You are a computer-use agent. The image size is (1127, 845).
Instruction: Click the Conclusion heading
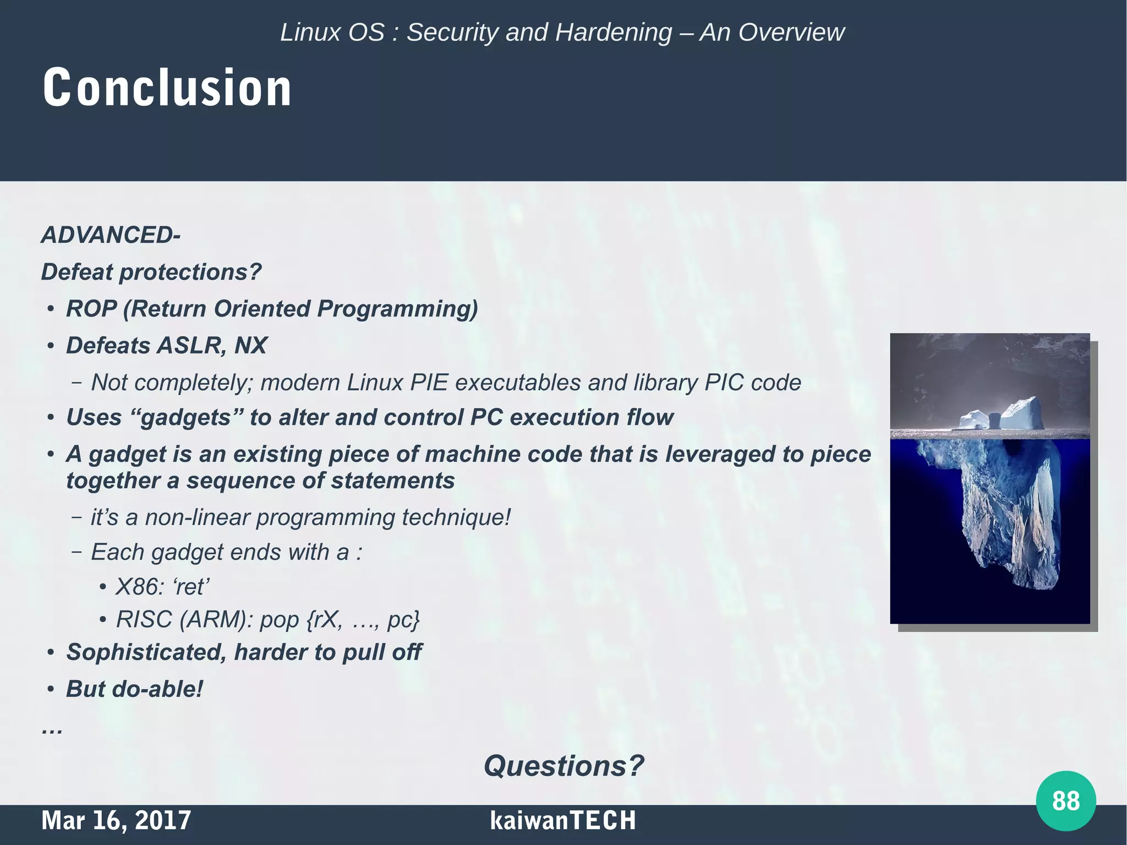pyautogui.click(x=167, y=87)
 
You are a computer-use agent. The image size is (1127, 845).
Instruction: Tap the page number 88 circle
pyautogui.click(x=1065, y=800)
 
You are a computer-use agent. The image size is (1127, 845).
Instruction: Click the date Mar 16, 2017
pyautogui.click(x=116, y=820)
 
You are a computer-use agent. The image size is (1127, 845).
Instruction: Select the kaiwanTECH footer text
pyautogui.click(x=562, y=820)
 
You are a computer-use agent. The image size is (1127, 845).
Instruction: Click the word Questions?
pyautogui.click(x=563, y=766)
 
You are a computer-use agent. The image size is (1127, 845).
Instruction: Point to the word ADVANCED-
pyautogui.click(x=111, y=235)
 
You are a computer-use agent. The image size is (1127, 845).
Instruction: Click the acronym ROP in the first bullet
pyautogui.click(x=91, y=309)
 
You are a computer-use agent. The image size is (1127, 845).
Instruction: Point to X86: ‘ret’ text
pyautogui.click(x=162, y=587)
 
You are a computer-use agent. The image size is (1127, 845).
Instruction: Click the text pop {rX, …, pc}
pyautogui.click(x=340, y=620)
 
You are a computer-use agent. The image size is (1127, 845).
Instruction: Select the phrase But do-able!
pyautogui.click(x=134, y=689)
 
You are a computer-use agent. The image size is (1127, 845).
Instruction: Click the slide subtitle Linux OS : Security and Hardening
pyautogui.click(x=476, y=32)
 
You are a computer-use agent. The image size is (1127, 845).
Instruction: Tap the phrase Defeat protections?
pyautogui.click(x=151, y=272)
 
